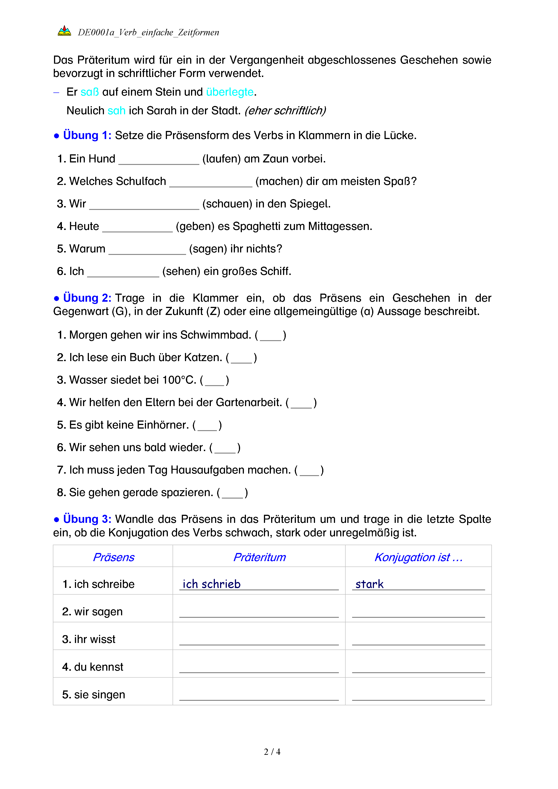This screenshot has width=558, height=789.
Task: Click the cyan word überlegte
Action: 229,92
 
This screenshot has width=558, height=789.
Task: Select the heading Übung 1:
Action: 87,135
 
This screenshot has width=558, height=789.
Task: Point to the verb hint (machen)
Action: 279,181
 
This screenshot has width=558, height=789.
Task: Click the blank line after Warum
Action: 147,251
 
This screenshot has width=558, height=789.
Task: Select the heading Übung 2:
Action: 87,298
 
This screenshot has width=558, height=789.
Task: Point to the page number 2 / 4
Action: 272,752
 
